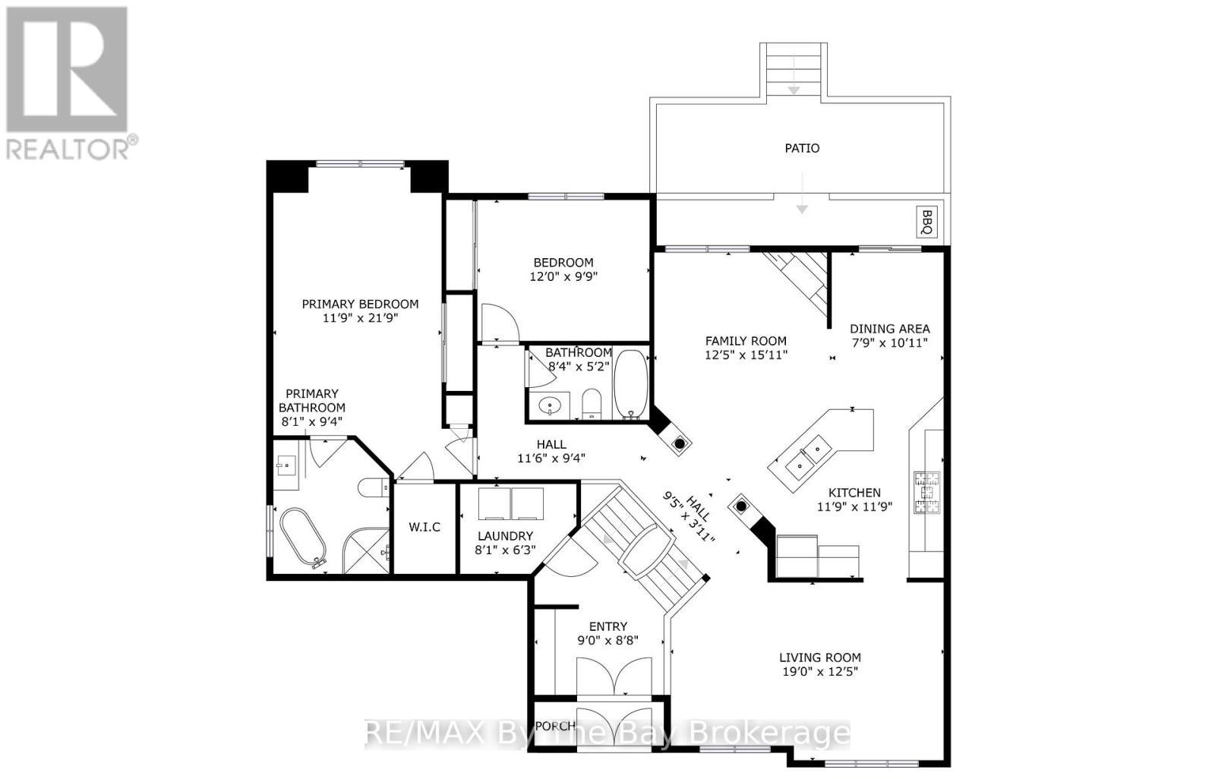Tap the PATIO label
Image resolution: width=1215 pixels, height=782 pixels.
coord(802,148)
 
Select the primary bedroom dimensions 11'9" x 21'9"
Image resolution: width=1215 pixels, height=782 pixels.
coord(360,318)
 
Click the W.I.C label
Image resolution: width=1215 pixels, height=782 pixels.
coord(424,527)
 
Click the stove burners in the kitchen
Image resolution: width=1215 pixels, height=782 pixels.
coord(926,490)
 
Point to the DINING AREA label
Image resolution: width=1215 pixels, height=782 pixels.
coord(889,329)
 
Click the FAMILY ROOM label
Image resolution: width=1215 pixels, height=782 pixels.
coord(746,341)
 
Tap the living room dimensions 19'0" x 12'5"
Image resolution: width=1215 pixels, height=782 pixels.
coord(819,671)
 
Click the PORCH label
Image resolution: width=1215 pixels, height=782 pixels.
coord(555,726)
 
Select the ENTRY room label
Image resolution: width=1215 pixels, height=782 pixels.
coord(608,626)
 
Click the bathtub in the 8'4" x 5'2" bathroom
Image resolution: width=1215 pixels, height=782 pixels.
coord(630,383)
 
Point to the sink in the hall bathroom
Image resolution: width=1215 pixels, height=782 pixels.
coord(550,406)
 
